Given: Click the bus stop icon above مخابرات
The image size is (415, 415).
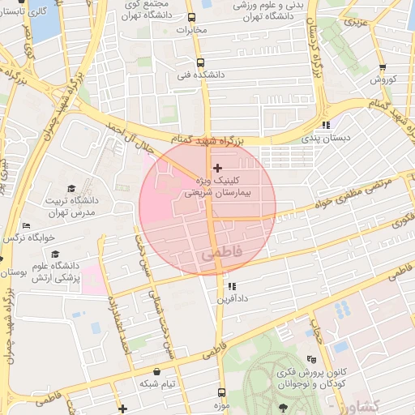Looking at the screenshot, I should click(191, 18).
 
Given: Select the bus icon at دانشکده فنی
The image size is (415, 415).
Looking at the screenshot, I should click(200, 62).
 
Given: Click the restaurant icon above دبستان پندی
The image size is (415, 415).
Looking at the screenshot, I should click(326, 125).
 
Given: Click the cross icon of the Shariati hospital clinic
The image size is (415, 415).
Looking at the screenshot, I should click(217, 168).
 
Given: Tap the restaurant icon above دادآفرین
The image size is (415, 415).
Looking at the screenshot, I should click(232, 286).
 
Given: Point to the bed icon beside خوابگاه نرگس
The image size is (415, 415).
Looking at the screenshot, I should click(26, 226).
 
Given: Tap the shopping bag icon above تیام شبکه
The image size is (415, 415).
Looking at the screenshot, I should click(156, 371).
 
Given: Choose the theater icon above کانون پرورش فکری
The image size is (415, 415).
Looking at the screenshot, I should click(311, 359).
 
